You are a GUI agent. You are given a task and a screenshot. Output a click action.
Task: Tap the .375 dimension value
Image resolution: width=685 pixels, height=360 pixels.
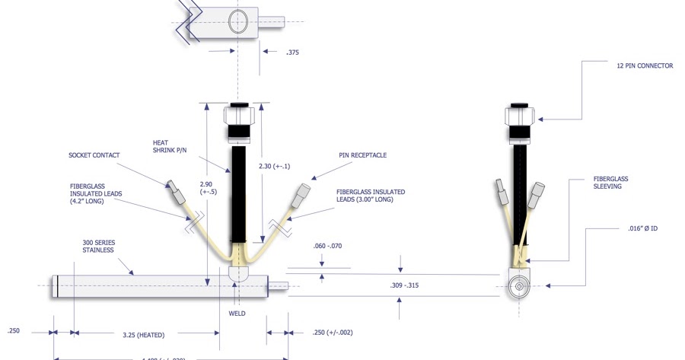click(x=292, y=53)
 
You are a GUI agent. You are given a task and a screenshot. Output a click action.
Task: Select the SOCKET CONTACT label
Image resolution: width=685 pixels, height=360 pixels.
click(x=94, y=155)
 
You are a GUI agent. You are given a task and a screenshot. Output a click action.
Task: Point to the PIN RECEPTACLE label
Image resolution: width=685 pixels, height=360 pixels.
click(x=362, y=155)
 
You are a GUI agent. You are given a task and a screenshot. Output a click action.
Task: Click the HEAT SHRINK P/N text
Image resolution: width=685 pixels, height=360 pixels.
click(x=168, y=145)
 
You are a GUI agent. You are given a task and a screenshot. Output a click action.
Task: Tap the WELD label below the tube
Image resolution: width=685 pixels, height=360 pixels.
click(x=237, y=314)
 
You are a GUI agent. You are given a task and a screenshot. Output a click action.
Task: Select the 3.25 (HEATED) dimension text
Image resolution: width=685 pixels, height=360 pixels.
click(x=143, y=334)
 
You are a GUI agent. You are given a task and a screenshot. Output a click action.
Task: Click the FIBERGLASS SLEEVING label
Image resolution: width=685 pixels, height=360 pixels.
click(x=610, y=183)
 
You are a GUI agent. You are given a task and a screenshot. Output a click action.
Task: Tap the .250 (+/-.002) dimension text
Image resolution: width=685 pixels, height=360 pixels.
click(x=333, y=333)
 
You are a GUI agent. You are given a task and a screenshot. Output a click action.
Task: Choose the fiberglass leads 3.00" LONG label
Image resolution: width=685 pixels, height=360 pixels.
click(x=370, y=196)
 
